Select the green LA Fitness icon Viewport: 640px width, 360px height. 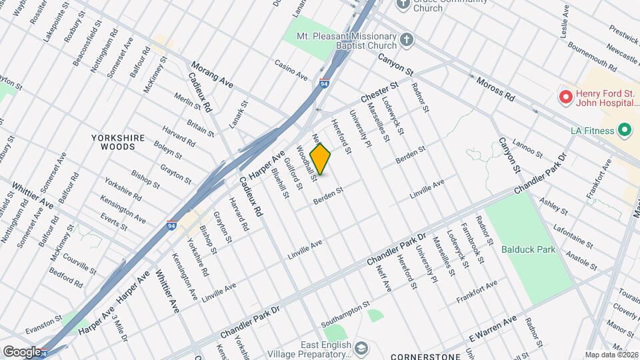pyautogui.click(x=625, y=130)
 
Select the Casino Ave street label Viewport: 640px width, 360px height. pyautogui.click(x=291, y=69)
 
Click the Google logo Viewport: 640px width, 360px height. pyautogui.click(x=23, y=351)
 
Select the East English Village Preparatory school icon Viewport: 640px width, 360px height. pyautogui.click(x=361, y=348)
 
